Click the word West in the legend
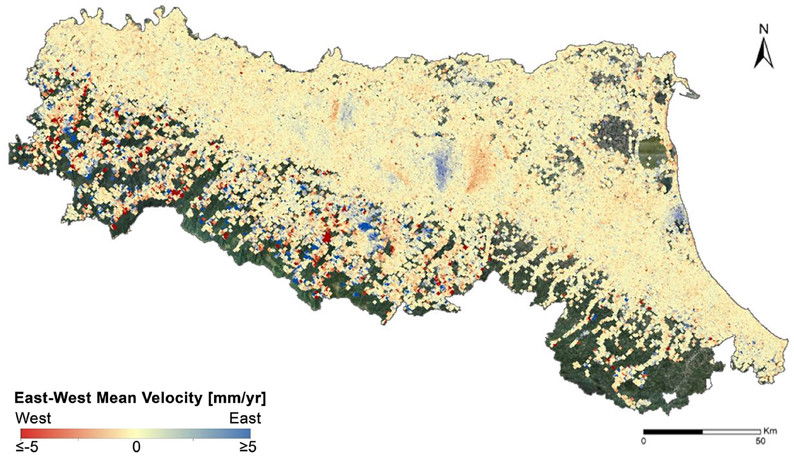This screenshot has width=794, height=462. click(x=33, y=418)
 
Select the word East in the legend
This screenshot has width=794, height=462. click(x=245, y=418)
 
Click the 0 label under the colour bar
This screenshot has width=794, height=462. click(x=136, y=447)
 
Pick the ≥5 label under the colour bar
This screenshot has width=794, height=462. click(x=248, y=447)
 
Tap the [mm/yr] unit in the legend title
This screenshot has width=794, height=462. click(x=237, y=398)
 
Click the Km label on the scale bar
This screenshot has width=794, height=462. click(x=770, y=431)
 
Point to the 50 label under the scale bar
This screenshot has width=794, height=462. click(x=760, y=441)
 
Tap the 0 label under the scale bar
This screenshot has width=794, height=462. click(x=643, y=441)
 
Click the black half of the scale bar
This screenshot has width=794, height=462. click(x=673, y=432)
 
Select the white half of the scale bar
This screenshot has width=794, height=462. click(x=731, y=432)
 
